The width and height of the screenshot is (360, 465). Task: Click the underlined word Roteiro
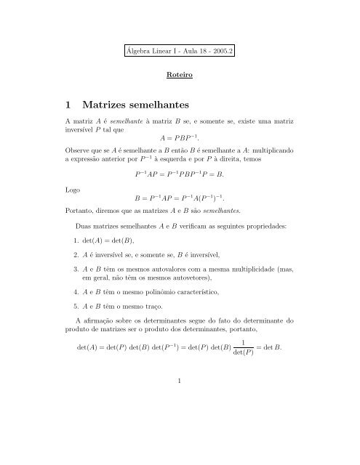180,74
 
